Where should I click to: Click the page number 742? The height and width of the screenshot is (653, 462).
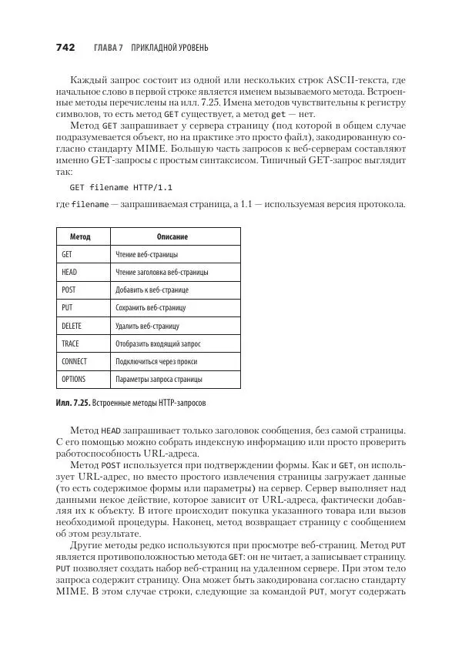click(65, 48)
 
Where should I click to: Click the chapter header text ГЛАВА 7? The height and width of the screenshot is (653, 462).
click(109, 48)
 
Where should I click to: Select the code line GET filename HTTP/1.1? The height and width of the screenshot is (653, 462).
click(111, 186)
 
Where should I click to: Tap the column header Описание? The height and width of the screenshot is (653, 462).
click(172, 237)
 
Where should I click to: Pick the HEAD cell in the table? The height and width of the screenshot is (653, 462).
click(69, 273)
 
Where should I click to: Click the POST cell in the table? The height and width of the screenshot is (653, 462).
click(69, 290)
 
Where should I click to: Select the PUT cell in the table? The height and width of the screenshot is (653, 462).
click(67, 308)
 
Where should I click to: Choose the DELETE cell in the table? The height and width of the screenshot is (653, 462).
click(72, 326)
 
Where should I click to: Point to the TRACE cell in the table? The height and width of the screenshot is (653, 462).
click(70, 343)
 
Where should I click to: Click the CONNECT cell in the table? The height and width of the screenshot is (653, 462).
click(74, 361)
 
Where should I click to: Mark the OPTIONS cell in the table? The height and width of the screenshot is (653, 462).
click(73, 379)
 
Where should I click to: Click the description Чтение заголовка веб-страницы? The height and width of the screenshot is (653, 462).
click(162, 273)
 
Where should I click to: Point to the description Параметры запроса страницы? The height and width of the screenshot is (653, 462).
click(159, 379)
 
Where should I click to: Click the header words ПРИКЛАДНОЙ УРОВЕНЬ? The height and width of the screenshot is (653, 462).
click(170, 48)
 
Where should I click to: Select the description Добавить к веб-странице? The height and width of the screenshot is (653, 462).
click(152, 290)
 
